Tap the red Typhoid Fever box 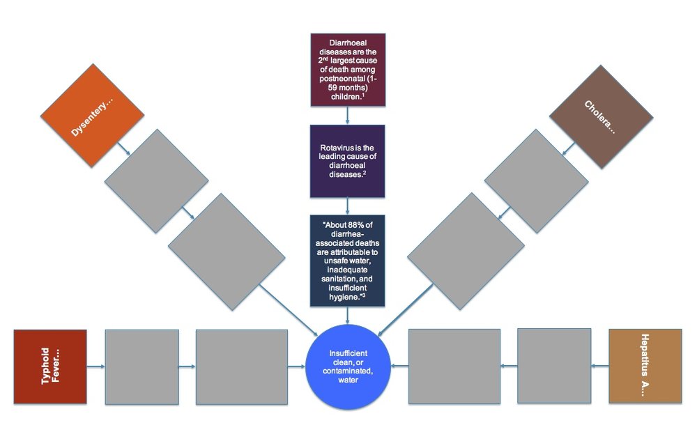pos(50,367)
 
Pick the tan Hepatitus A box pos(645,367)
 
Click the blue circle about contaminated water pos(348,367)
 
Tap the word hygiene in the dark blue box pos(340,296)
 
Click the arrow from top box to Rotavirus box pos(347,116)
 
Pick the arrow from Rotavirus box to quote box pos(347,206)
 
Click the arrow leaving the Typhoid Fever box pos(95,367)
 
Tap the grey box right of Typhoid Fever pos(141,367)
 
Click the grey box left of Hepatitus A pos(554,365)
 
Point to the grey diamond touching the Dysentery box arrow pos(155,180)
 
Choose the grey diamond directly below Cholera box pos(536,180)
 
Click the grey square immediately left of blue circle pos(241,367)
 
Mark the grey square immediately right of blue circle pos(454,366)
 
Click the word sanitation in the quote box pos(335,277)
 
